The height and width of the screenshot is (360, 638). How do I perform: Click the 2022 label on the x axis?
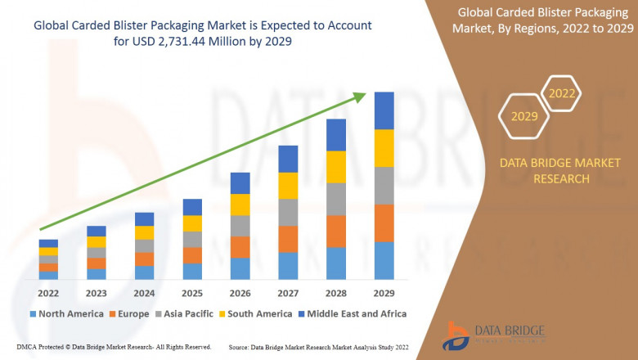tap(48, 293)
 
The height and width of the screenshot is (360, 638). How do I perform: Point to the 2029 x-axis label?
tap(384, 293)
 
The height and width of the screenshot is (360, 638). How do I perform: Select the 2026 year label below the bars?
tap(240, 293)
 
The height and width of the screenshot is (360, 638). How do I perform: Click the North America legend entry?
tap(66, 313)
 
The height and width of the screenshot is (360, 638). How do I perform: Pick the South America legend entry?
tap(253, 313)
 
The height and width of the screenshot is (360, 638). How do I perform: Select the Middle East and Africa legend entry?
tap(352, 313)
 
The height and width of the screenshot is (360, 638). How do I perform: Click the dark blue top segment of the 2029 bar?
tap(384, 110)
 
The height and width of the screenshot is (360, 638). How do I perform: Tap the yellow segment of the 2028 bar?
tap(336, 167)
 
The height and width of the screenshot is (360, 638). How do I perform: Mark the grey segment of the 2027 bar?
tap(288, 212)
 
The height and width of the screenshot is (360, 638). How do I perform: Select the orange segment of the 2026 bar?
tap(240, 247)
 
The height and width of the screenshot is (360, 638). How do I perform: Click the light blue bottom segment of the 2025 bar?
tap(192, 272)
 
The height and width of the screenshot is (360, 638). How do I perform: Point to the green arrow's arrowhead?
tap(360, 97)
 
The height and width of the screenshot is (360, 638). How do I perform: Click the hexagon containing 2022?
tap(562, 93)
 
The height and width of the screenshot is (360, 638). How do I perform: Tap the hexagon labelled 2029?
tap(524, 116)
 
